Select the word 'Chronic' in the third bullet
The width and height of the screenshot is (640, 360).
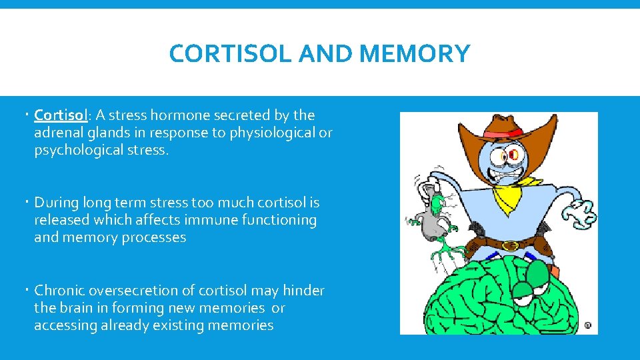point(59,291)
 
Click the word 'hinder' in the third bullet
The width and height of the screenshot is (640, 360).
point(303,291)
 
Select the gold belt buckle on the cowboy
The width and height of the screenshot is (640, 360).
point(510,245)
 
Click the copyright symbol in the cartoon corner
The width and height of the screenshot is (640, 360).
point(587,325)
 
